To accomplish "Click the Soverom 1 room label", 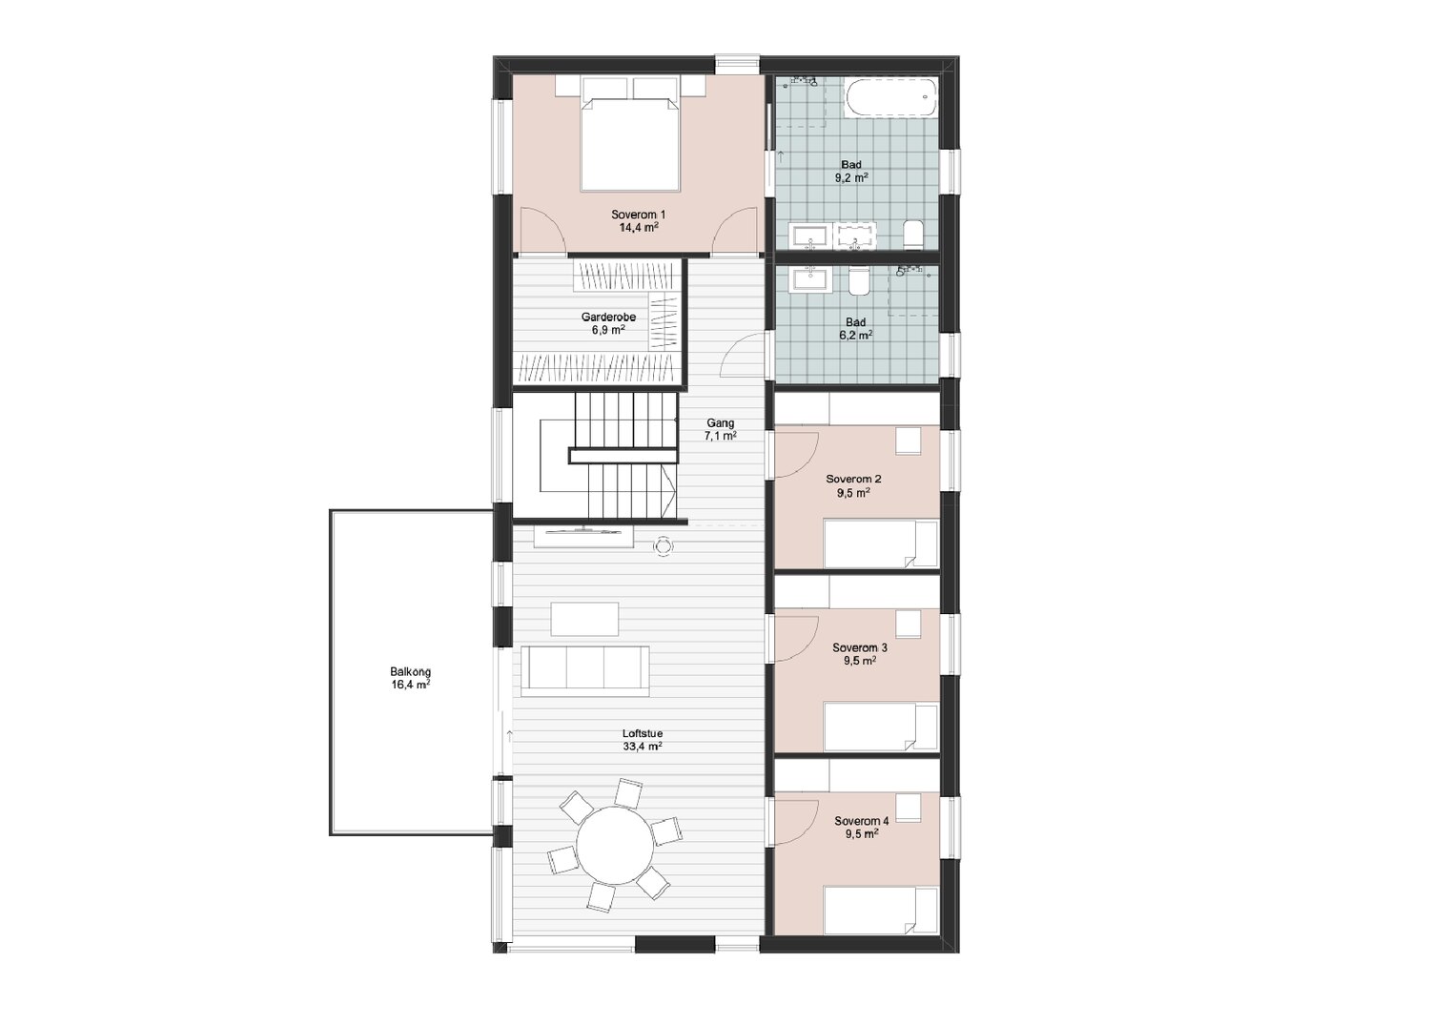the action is click(638, 215).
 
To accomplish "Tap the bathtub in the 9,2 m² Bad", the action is click(891, 97).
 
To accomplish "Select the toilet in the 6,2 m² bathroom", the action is click(859, 281).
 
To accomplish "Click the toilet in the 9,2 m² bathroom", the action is click(913, 234).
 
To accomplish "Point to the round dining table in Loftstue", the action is click(616, 845).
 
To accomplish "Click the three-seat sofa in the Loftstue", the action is click(584, 671).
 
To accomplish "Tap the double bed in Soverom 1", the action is click(629, 144).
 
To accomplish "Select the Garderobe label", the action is click(608, 317).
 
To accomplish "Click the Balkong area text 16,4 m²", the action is click(411, 685).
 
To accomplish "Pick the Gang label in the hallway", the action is click(720, 422).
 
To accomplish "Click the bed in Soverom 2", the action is click(881, 543).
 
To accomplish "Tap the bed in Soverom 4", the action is click(881, 910).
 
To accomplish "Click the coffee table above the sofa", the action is click(584, 619).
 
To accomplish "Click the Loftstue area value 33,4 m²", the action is click(643, 746).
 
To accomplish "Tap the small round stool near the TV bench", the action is click(664, 545).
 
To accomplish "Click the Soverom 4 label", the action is click(861, 821).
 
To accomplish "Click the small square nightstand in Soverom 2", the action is click(908, 441).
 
